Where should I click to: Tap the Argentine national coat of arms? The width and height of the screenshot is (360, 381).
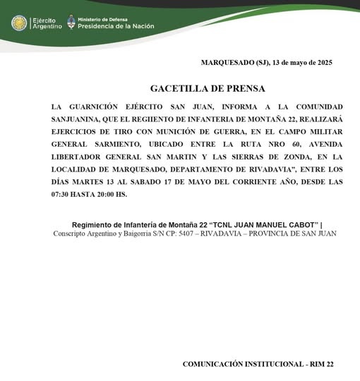(x=71, y=23)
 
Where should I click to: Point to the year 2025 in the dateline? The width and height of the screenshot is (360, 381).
(x=322, y=63)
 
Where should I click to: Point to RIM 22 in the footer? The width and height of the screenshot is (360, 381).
(x=321, y=364)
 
